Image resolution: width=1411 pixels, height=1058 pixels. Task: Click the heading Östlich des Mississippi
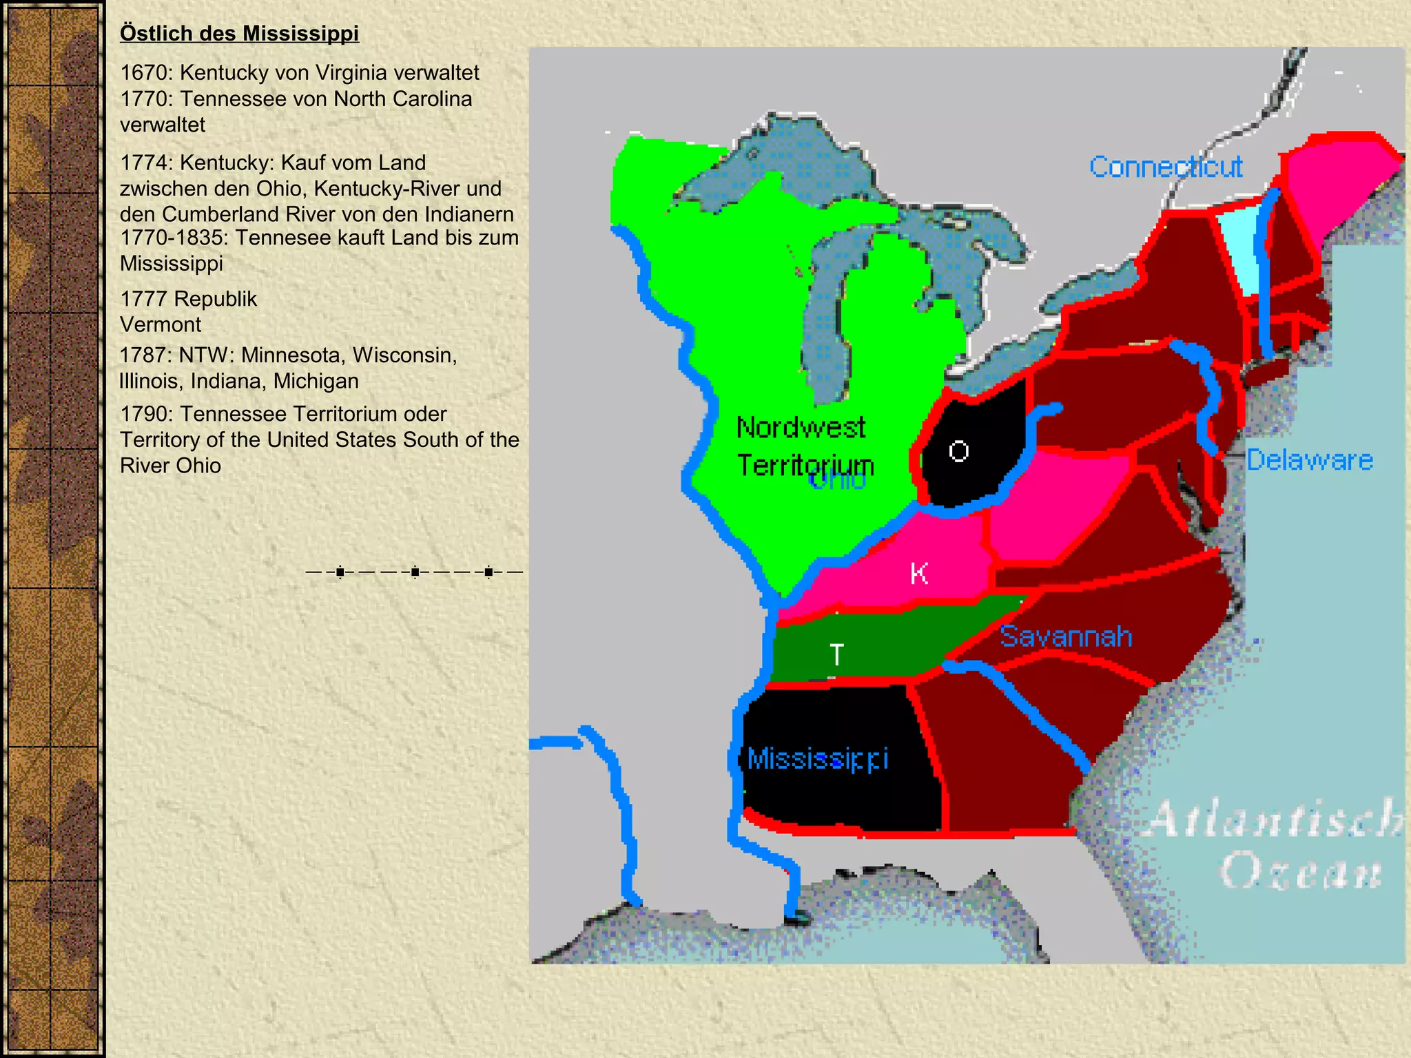239,33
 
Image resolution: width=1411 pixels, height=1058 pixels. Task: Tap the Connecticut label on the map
1166,167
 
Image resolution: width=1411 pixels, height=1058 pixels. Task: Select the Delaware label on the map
1309,459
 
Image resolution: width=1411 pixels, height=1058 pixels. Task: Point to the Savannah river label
1065,636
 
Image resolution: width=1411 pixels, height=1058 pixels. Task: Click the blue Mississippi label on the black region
818,759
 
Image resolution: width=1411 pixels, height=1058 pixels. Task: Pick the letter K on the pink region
919,573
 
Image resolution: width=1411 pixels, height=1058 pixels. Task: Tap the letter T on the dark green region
836,654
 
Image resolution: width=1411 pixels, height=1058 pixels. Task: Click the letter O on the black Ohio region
958,451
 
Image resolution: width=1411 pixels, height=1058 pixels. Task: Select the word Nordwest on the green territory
801,428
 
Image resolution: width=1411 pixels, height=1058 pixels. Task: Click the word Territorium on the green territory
805,466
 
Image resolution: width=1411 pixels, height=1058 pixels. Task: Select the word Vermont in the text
161,324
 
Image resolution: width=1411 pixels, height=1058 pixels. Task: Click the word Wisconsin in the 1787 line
404,355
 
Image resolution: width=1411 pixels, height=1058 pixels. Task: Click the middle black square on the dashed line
415,572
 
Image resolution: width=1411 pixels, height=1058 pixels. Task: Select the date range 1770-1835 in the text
174,238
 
